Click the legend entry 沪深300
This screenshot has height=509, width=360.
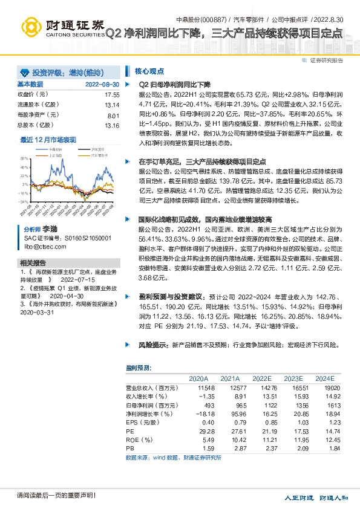point(81,149)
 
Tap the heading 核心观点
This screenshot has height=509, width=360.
point(147,70)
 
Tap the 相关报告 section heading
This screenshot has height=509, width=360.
point(33,263)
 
